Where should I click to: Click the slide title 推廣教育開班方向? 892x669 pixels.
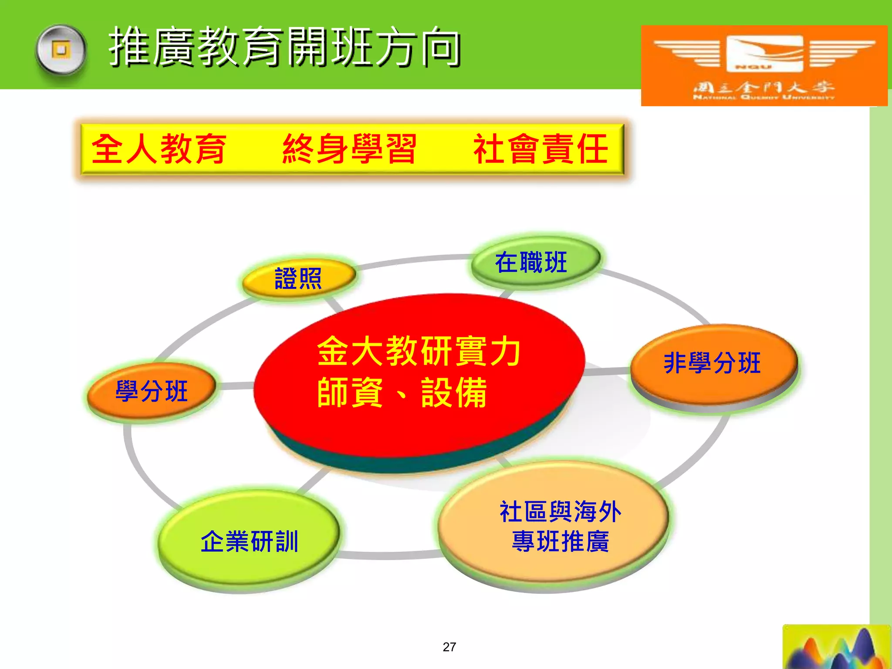285,47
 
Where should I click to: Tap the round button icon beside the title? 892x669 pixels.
61,50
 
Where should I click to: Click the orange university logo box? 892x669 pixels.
764,65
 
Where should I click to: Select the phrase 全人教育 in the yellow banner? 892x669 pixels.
159,149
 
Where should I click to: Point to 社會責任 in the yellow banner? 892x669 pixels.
540,149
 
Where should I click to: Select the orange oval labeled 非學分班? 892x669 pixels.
713,364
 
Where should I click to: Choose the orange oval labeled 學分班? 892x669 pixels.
152,390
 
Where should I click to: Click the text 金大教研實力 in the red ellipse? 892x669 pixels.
419,351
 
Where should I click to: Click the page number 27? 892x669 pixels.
449,647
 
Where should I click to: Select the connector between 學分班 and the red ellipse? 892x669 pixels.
235,385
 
